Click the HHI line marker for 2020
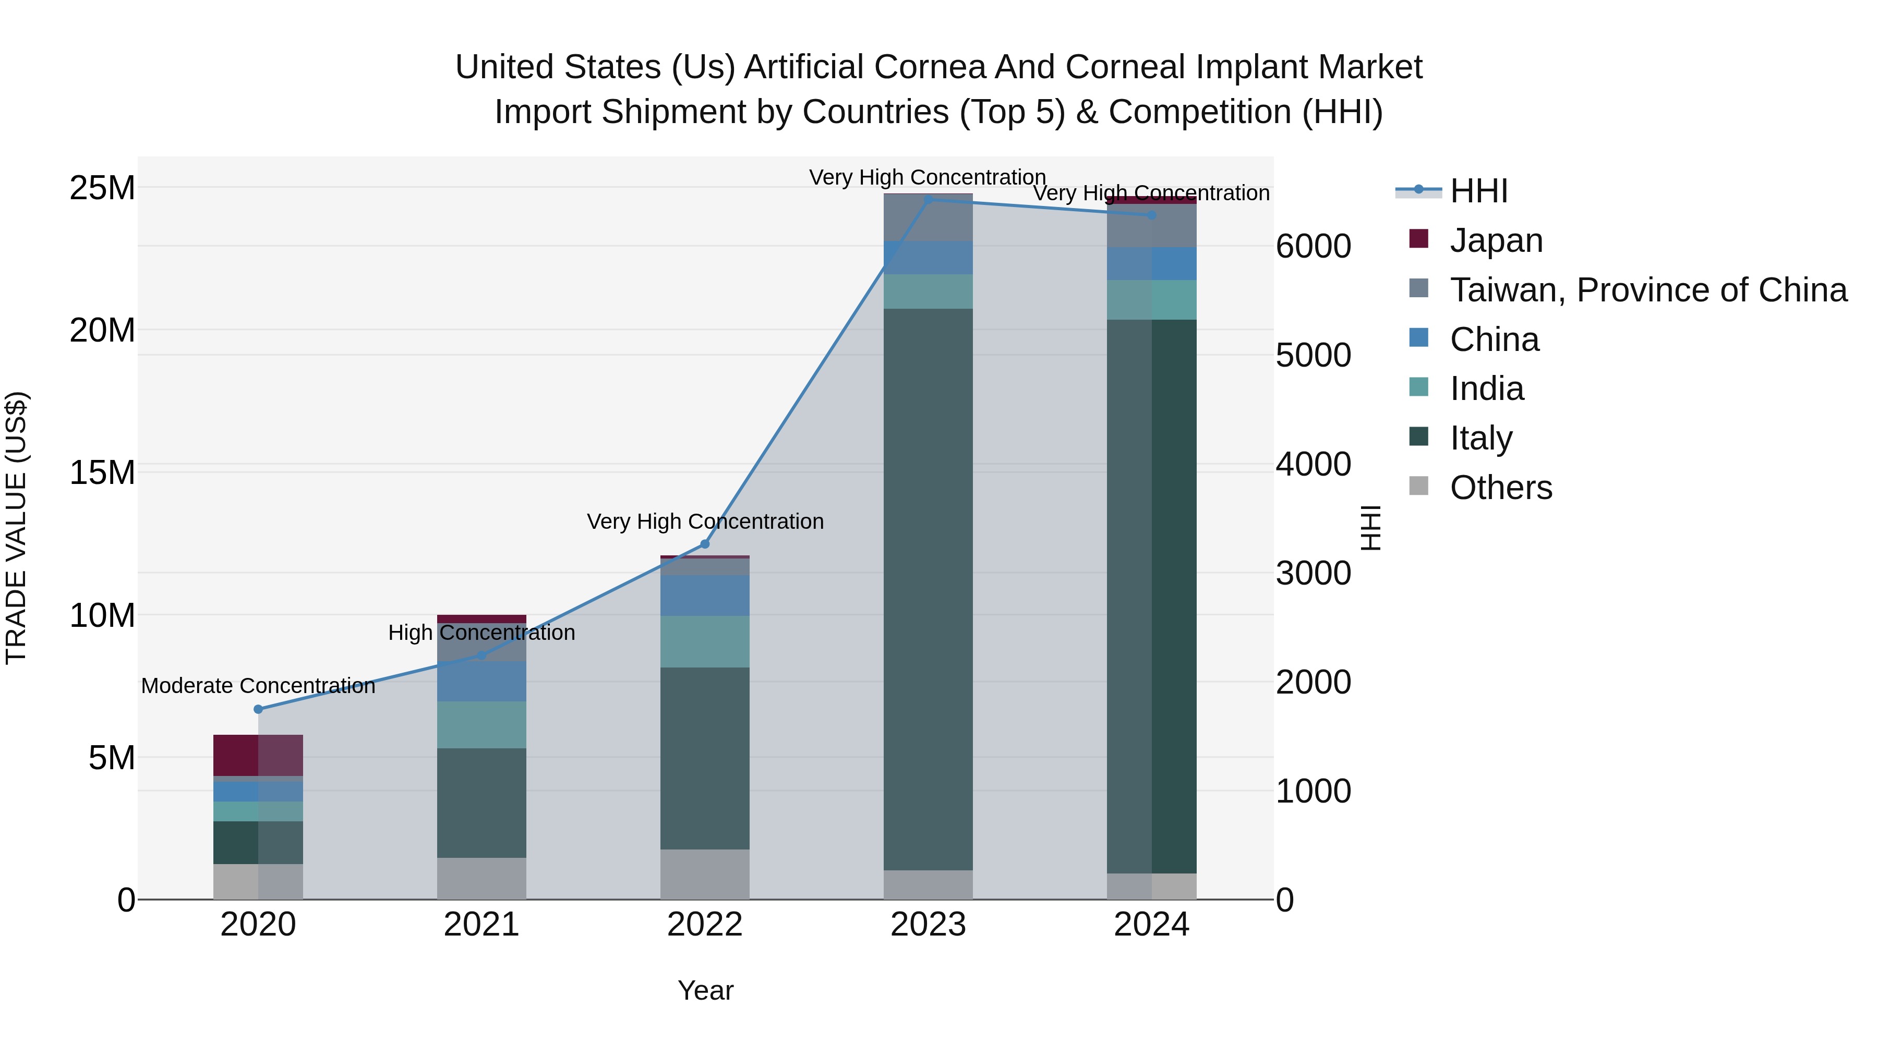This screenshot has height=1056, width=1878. pyautogui.click(x=258, y=709)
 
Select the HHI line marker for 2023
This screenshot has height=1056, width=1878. pyautogui.click(x=928, y=200)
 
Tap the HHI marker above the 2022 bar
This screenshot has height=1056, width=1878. pyautogui.click(x=704, y=544)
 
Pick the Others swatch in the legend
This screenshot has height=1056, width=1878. pyautogui.click(x=1419, y=486)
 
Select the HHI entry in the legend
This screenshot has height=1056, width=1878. pyautogui.click(x=1478, y=191)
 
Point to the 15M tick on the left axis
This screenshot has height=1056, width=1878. pyautogui.click(x=102, y=473)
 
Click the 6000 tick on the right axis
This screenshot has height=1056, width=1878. pyautogui.click(x=1313, y=246)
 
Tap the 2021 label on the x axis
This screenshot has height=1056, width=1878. pyautogui.click(x=481, y=925)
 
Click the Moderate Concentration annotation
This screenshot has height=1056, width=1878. pyautogui.click(x=258, y=686)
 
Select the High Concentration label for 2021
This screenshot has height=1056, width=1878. pyautogui.click(x=481, y=633)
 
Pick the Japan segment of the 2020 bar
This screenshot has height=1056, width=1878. pyautogui.click(x=258, y=755)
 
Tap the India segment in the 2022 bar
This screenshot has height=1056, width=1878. pyautogui.click(x=704, y=641)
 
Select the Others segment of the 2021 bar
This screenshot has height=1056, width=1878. pyautogui.click(x=481, y=878)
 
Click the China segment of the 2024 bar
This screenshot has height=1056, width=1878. pyautogui.click(x=1151, y=264)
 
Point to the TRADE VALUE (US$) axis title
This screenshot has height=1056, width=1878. pyautogui.click(x=17, y=528)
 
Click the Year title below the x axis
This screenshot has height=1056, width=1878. pyautogui.click(x=705, y=990)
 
